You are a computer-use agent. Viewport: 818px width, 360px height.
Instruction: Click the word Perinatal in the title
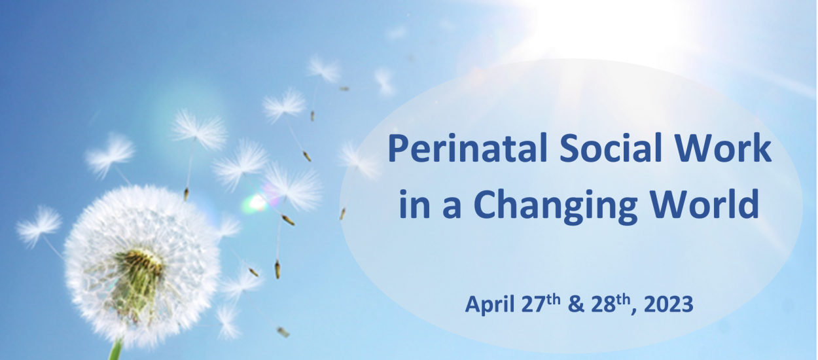tap(467, 148)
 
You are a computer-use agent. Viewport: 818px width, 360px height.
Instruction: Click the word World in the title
tap(705, 204)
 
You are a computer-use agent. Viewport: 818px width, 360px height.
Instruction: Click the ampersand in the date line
tap(577, 304)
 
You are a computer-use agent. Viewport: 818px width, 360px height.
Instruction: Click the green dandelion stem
tap(116, 349)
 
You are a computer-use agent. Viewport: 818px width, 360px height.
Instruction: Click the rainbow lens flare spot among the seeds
tap(256, 203)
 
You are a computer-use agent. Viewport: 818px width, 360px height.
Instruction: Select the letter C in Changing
tap(486, 204)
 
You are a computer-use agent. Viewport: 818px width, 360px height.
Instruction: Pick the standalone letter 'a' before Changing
tap(452, 207)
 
